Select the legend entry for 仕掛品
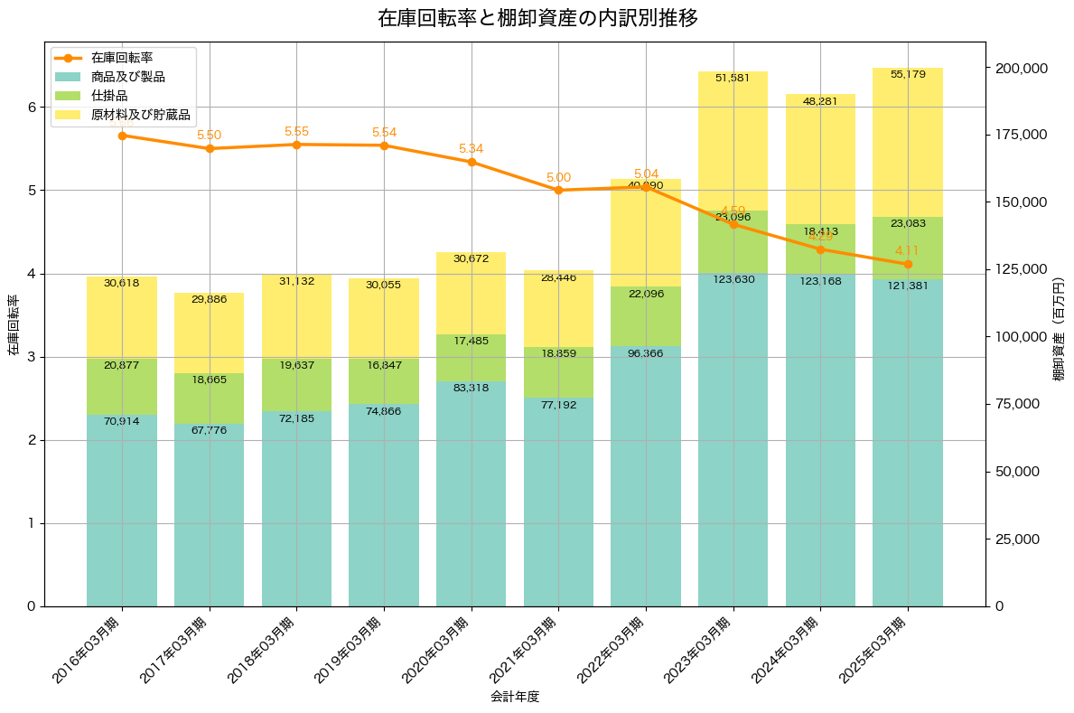tap(109, 96)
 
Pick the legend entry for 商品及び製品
tap(127, 77)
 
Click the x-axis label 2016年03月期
tap(88, 649)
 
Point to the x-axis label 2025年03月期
tap(873, 649)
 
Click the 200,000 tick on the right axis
tap(1021, 69)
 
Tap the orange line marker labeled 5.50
tap(210, 148)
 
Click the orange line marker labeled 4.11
tap(908, 264)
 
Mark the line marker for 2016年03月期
tap(122, 136)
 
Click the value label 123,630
tap(733, 279)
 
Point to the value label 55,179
tap(908, 74)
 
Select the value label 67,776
tap(210, 430)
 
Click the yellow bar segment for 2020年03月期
tap(472, 294)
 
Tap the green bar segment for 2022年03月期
tap(646, 316)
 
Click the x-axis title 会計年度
tap(515, 697)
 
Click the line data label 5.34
tap(472, 149)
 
